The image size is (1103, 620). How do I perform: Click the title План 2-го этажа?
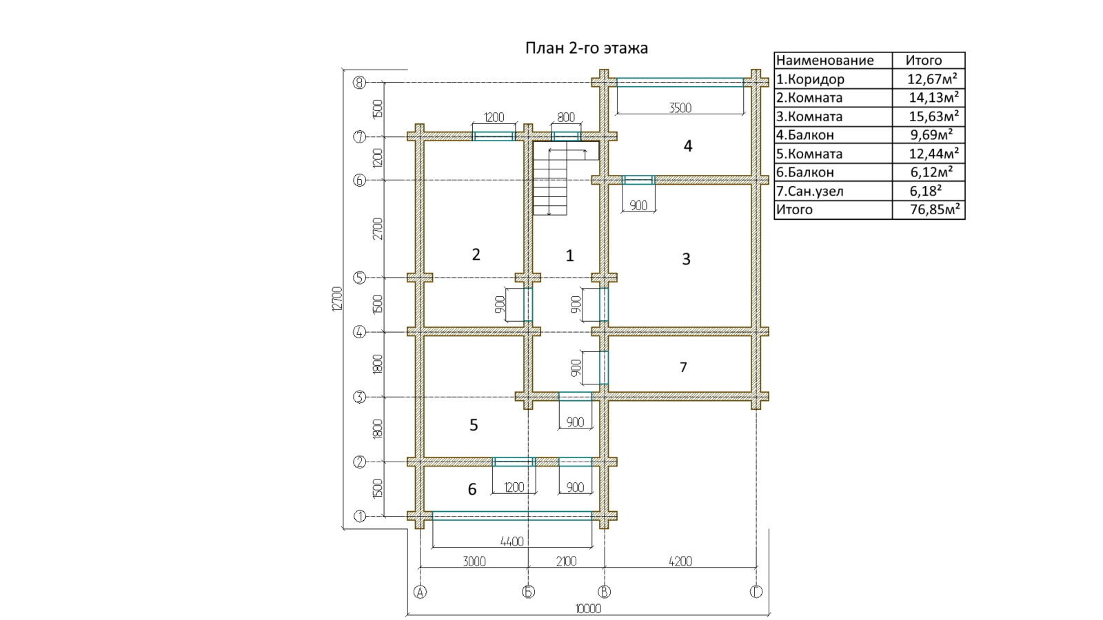point(587,48)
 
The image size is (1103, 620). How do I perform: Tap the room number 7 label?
point(683,367)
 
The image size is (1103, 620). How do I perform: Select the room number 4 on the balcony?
point(688,145)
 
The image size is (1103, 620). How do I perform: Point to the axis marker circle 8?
point(359,83)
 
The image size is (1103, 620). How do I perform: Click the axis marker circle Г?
point(756,592)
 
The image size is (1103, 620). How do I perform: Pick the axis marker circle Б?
point(528,592)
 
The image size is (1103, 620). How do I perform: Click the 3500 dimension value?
point(680,107)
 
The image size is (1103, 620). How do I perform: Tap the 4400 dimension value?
point(512,541)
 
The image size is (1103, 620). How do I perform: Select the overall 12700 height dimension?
point(337,299)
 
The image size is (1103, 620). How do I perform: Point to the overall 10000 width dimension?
point(589,609)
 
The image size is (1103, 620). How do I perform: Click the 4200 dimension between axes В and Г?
point(680,561)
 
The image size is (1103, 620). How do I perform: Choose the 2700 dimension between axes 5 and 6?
point(378,229)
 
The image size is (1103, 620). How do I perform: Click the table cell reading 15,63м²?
point(933,116)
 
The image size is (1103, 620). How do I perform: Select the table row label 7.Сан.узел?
point(809,191)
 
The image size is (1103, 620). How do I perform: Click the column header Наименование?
point(824,61)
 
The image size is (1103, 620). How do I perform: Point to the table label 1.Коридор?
point(810,79)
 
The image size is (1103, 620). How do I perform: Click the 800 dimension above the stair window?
point(566,118)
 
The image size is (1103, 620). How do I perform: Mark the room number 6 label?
point(472,489)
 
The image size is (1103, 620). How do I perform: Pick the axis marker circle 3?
point(359,397)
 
